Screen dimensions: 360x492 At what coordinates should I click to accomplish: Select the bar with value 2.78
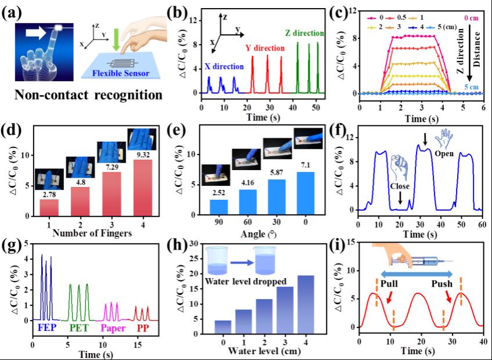[x=49, y=206]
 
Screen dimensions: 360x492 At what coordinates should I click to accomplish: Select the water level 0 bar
[x=223, y=327]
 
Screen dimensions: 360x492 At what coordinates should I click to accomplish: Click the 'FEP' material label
[x=47, y=329]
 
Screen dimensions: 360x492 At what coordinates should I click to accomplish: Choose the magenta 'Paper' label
[x=114, y=329]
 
